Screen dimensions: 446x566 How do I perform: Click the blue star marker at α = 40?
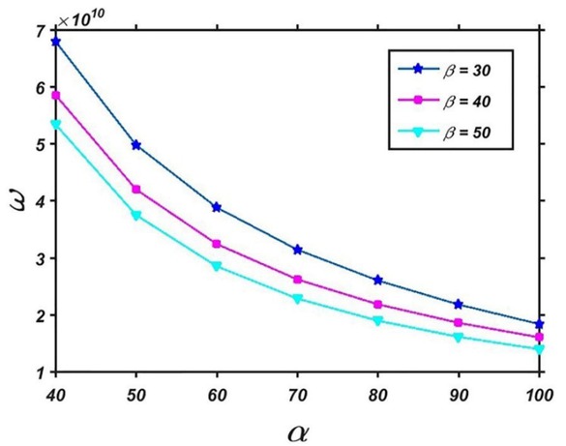pyautogui.click(x=56, y=42)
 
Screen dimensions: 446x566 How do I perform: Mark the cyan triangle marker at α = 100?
pyautogui.click(x=538, y=349)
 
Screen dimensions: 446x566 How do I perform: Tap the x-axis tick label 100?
pyautogui.click(x=537, y=395)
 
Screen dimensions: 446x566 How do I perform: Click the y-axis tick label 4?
pyautogui.click(x=40, y=201)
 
